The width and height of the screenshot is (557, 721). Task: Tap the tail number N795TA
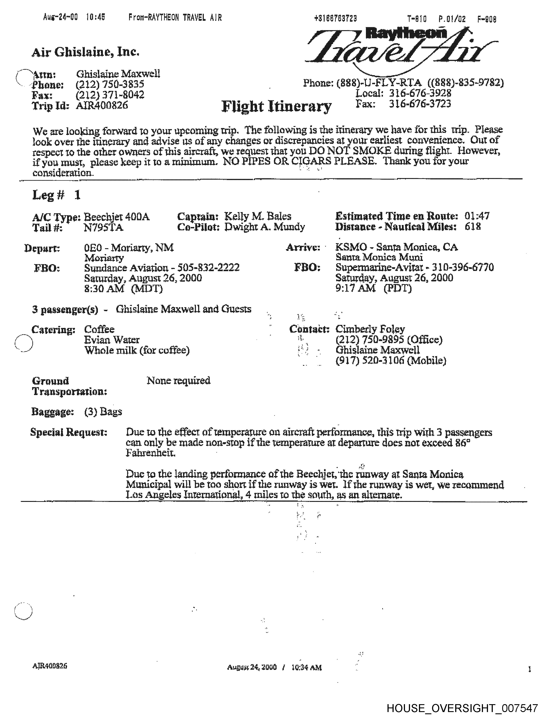[104, 227]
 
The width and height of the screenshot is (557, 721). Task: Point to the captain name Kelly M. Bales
[258, 216]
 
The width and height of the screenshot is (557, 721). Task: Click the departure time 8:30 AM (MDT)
[123, 289]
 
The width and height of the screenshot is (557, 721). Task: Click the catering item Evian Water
[112, 340]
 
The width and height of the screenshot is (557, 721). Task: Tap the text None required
[178, 381]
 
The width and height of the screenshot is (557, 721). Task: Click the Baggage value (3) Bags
[103, 412]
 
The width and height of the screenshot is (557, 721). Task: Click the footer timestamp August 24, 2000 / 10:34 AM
[274, 667]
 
